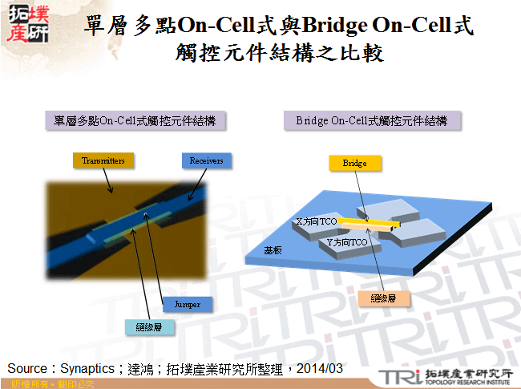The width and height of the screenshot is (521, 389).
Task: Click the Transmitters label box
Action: point(103,160)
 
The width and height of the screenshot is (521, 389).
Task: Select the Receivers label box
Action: point(206,160)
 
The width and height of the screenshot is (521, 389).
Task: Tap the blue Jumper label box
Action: point(187,305)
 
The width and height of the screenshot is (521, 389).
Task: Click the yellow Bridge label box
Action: point(354,163)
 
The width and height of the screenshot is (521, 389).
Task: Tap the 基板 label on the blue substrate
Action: point(273,250)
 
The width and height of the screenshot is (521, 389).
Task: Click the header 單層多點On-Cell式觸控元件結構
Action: point(134,121)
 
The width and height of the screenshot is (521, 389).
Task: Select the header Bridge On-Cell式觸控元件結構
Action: point(371,121)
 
